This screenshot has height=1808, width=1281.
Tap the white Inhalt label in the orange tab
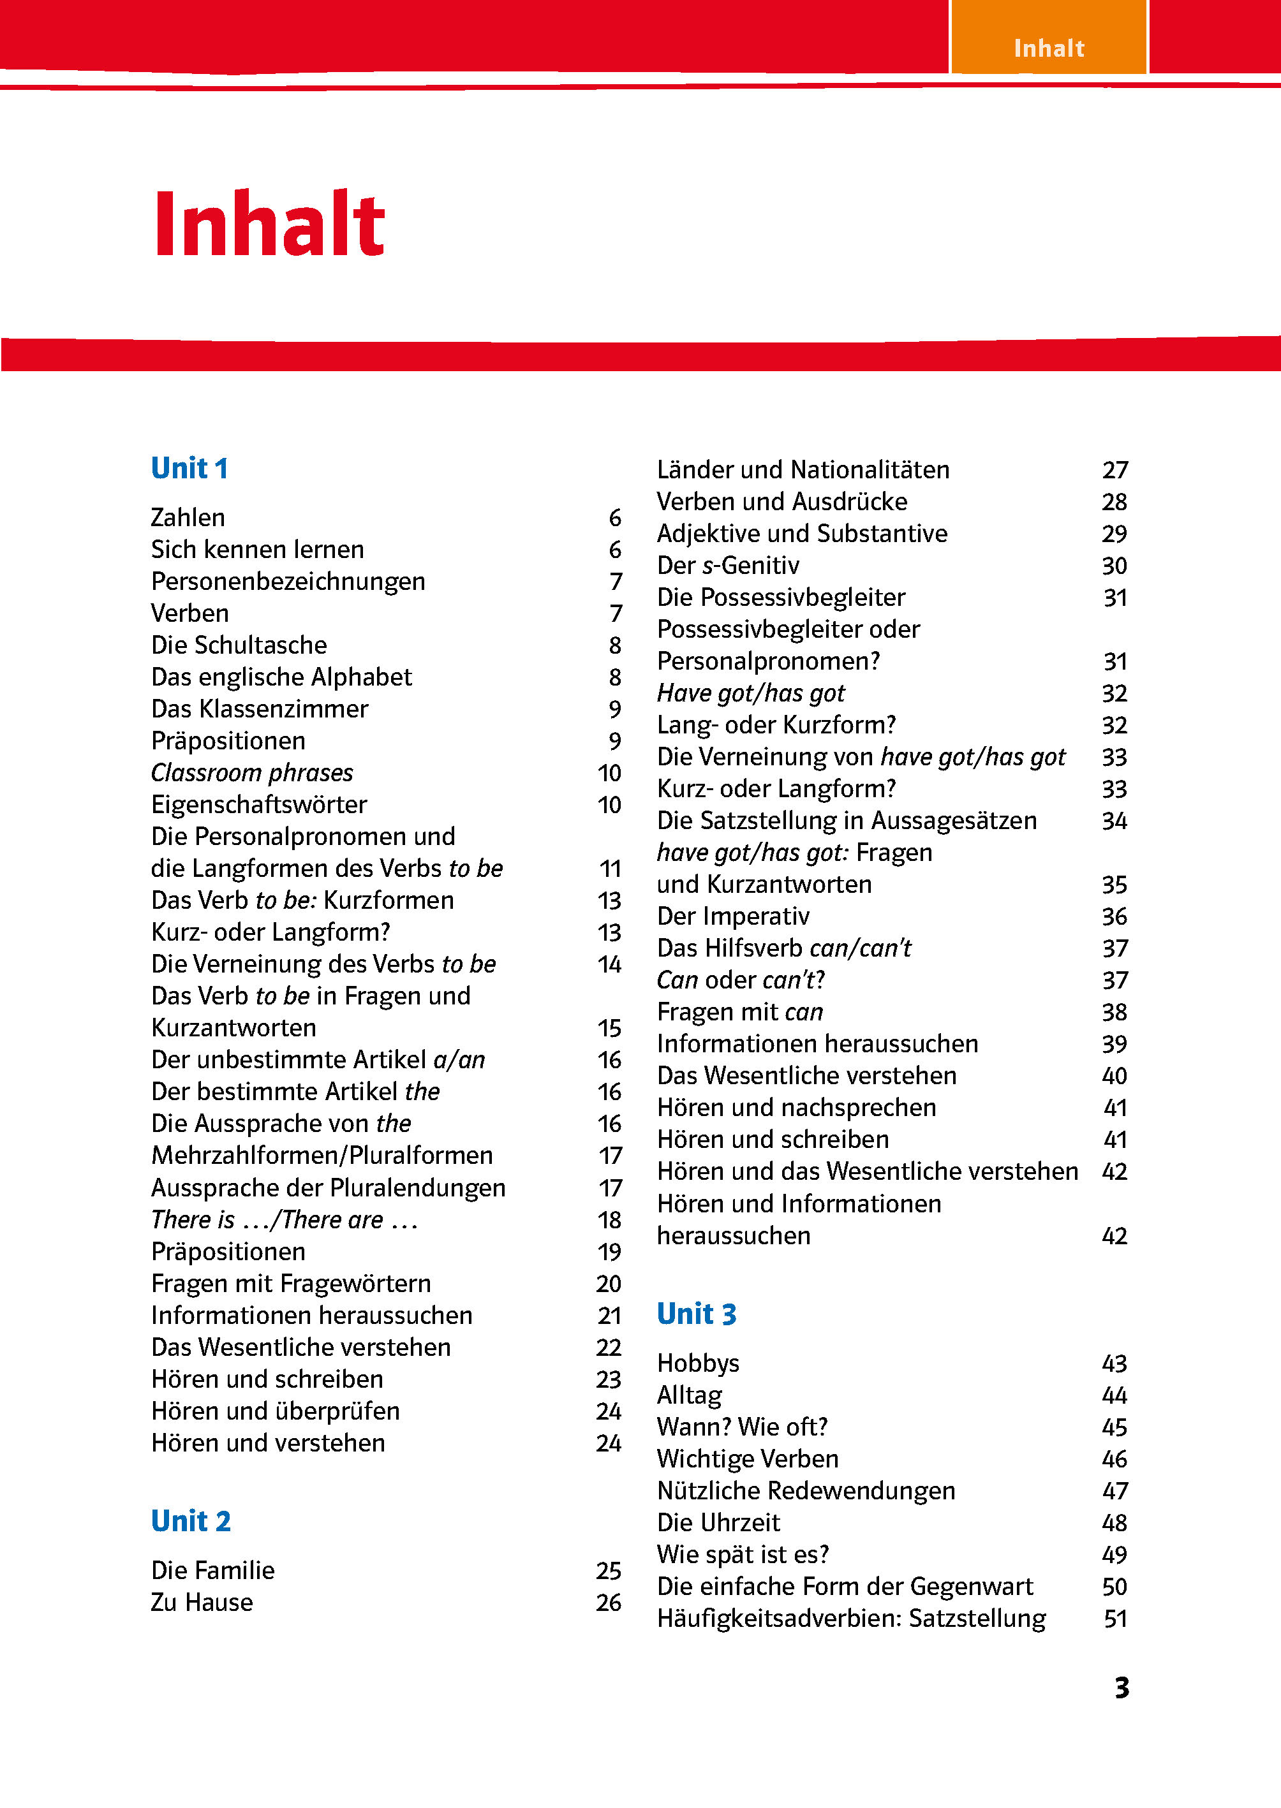tap(1048, 49)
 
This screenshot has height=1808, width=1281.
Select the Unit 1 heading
tap(189, 468)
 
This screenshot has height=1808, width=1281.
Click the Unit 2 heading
tap(191, 1521)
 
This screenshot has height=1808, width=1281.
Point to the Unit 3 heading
tap(697, 1314)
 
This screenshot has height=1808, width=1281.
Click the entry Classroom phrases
tap(251, 773)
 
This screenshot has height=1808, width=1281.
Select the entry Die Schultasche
tap(239, 645)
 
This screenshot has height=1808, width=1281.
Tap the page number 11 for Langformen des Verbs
tap(610, 869)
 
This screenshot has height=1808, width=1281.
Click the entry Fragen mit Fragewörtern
tap(291, 1284)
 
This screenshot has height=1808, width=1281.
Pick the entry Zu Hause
tap(202, 1602)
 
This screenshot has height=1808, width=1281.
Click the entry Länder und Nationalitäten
tap(803, 470)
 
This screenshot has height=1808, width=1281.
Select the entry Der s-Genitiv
tap(728, 565)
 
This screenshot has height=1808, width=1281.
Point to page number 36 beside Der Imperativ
tap(1114, 917)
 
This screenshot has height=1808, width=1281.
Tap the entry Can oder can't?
tap(741, 980)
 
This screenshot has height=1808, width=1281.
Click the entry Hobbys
tap(698, 1363)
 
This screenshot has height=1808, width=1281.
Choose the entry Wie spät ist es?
tap(743, 1554)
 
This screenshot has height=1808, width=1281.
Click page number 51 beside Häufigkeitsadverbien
tap(1114, 1619)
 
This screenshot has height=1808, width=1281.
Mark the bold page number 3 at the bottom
tap(1122, 1688)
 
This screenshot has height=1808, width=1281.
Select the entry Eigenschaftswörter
tap(259, 805)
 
